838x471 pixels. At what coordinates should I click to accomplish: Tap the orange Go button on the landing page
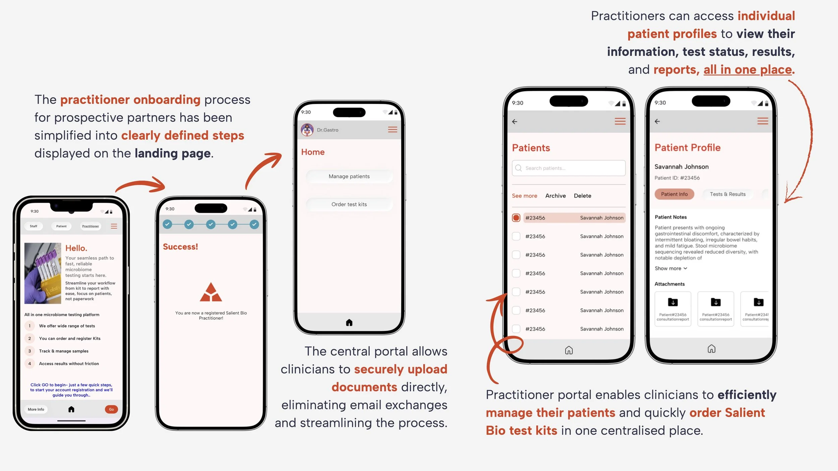click(x=111, y=409)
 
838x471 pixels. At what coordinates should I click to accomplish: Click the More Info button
click(x=36, y=409)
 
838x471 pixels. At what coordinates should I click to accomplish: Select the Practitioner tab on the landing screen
click(x=91, y=226)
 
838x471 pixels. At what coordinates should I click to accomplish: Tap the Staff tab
click(x=34, y=226)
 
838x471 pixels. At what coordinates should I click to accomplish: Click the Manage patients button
click(x=349, y=177)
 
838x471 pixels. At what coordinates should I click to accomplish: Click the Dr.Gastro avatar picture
click(x=307, y=130)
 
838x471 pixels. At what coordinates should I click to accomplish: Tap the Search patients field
click(x=568, y=168)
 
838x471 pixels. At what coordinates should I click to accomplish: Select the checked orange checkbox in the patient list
click(x=516, y=218)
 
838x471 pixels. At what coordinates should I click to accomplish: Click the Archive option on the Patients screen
click(x=555, y=196)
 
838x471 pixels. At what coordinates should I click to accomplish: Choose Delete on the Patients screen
click(x=582, y=196)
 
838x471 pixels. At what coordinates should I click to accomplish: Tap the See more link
click(x=524, y=196)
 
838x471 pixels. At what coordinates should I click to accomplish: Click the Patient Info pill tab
click(x=674, y=194)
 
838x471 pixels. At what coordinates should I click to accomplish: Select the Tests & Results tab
click(x=727, y=194)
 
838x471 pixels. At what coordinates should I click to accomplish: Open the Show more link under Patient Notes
click(x=671, y=268)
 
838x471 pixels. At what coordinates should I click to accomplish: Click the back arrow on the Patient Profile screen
click(x=657, y=121)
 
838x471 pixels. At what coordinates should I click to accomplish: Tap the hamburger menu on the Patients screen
click(x=620, y=121)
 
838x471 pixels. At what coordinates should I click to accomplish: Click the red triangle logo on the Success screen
click(x=211, y=292)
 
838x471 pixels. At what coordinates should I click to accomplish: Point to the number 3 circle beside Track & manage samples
click(x=29, y=351)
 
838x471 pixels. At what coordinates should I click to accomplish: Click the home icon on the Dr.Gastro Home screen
click(x=349, y=323)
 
